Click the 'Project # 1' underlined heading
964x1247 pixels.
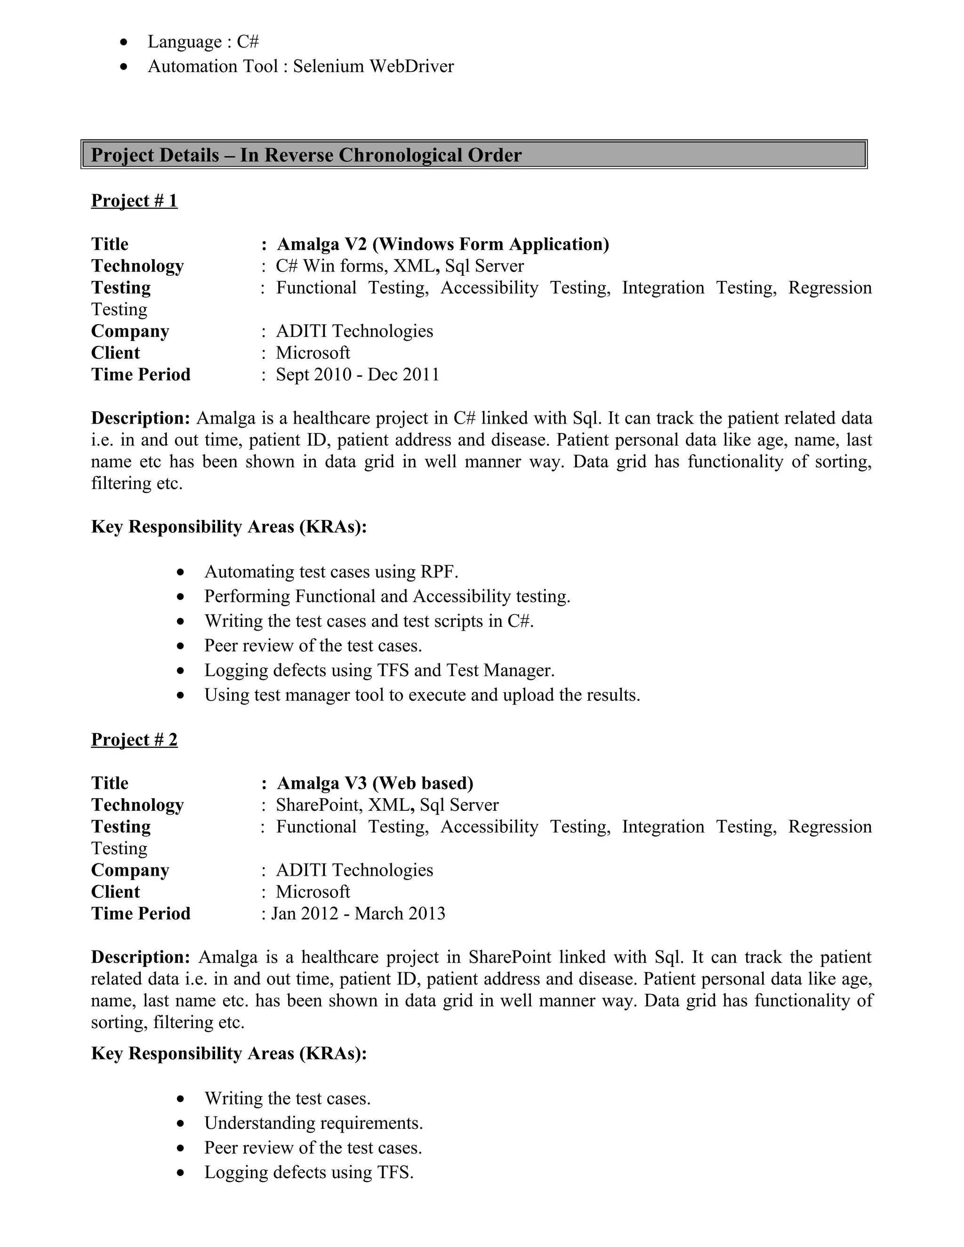click(x=134, y=200)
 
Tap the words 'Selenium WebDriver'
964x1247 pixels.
click(x=373, y=66)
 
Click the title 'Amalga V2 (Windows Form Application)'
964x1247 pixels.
click(x=442, y=244)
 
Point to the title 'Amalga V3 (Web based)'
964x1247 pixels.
click(x=375, y=783)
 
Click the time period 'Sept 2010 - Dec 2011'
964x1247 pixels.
click(x=358, y=375)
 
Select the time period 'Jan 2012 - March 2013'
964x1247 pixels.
click(x=358, y=913)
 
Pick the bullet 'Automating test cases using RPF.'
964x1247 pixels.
click(x=331, y=572)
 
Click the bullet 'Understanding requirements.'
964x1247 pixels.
click(x=313, y=1123)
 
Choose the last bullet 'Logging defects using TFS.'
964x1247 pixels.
click(x=309, y=1172)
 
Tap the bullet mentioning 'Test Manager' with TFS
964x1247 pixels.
click(x=379, y=670)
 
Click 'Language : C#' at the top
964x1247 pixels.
click(x=203, y=42)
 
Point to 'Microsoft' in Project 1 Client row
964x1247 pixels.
click(x=313, y=353)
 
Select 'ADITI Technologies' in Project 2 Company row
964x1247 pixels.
click(x=354, y=870)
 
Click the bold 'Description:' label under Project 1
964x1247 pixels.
click(x=140, y=418)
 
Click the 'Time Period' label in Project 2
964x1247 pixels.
click(x=140, y=913)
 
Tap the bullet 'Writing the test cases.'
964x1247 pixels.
click(x=287, y=1099)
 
